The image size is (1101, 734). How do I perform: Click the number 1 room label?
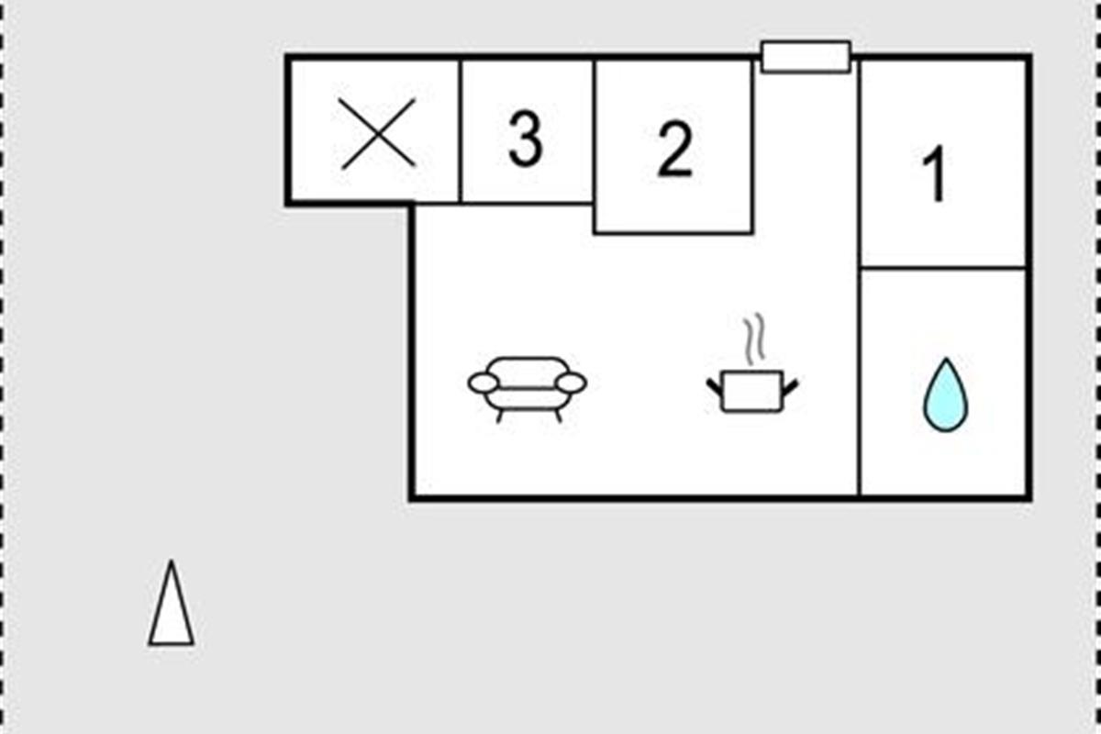click(934, 175)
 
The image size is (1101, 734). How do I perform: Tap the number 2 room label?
click(674, 150)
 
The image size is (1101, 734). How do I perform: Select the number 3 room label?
click(525, 140)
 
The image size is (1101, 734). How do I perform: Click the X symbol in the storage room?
click(379, 134)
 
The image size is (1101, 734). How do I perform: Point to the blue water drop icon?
click(945, 395)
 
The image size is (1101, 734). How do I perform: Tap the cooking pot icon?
click(752, 390)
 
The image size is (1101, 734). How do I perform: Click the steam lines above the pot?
click(754, 339)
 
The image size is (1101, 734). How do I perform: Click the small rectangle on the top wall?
click(806, 56)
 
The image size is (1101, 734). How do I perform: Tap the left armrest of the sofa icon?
click(484, 383)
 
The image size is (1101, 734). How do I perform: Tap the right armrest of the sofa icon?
click(571, 383)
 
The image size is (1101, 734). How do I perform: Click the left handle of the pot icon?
click(714, 386)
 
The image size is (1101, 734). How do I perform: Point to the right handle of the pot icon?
click(790, 386)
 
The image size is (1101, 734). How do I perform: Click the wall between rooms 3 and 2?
click(595, 133)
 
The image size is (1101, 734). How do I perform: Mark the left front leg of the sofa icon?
click(500, 416)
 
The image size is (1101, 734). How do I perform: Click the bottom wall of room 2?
click(673, 233)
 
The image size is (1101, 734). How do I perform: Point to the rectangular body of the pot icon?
click(752, 393)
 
